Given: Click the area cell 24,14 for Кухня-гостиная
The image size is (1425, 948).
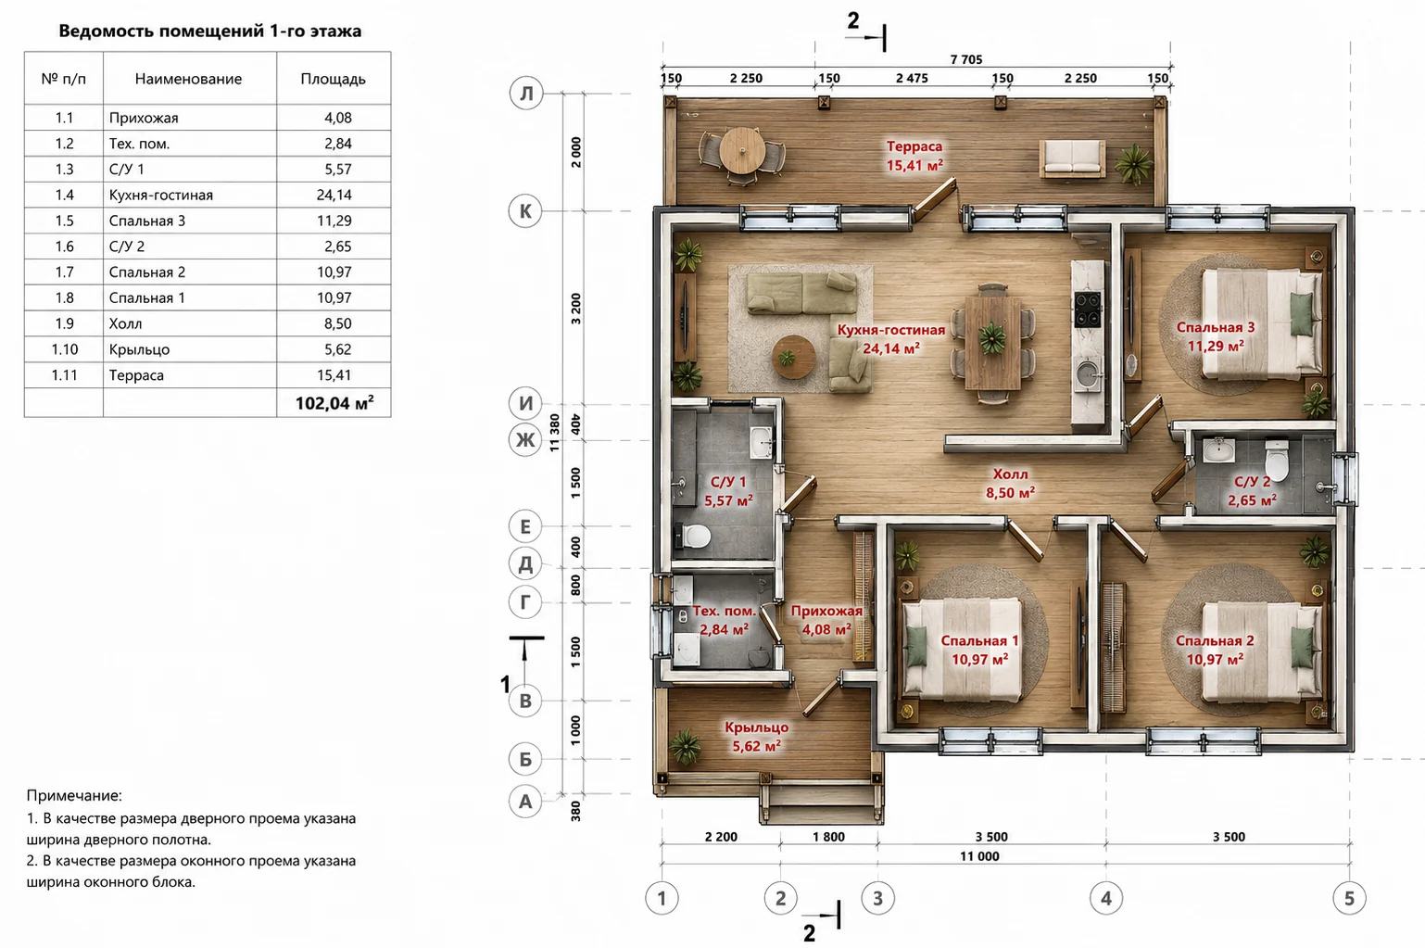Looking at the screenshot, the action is click(334, 195).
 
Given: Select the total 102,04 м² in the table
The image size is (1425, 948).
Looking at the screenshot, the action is click(334, 403).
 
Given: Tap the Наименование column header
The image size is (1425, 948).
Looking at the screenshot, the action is click(188, 79).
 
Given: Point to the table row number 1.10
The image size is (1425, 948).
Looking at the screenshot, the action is click(64, 349).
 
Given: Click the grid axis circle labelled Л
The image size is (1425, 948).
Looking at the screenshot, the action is click(526, 94).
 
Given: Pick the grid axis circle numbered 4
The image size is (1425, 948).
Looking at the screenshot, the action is click(1106, 898).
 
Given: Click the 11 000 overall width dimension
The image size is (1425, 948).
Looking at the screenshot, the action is click(979, 856).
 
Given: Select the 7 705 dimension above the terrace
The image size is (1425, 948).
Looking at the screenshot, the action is click(966, 60).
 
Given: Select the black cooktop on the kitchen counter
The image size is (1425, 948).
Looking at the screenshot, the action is click(1087, 310).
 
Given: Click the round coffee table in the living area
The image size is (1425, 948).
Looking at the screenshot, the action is click(793, 357).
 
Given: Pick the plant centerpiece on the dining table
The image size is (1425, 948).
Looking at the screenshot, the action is click(992, 338).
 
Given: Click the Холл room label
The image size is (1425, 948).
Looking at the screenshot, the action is click(1010, 474).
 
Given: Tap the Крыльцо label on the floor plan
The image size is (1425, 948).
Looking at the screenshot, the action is click(756, 727).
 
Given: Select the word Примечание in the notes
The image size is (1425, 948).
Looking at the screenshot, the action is click(74, 795).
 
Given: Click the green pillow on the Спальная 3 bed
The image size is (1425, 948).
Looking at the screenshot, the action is click(1301, 315).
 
